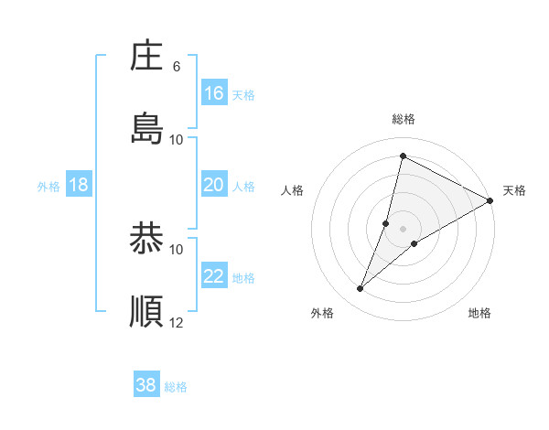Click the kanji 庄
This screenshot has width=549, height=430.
tap(146, 56)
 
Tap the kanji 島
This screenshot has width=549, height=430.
tap(146, 128)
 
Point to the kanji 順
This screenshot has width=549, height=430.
tap(146, 312)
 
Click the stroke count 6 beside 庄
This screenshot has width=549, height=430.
tap(177, 66)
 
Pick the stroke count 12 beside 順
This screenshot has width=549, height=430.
tap(177, 322)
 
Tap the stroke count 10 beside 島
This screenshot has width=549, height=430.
tap(177, 139)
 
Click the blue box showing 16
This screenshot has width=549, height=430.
tap(214, 93)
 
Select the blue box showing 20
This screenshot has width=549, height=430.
tap(214, 185)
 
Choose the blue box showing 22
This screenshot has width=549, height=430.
tap(214, 276)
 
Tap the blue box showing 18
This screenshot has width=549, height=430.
tap(79, 185)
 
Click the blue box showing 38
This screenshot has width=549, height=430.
tap(146, 385)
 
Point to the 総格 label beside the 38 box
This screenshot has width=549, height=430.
tap(176, 387)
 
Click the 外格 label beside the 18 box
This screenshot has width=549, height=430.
tap(48, 187)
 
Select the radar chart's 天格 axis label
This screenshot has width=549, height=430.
tap(514, 190)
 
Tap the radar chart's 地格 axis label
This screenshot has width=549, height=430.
tap(479, 313)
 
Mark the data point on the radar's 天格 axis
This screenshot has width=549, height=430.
tap(490, 201)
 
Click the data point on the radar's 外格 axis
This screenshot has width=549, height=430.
tap(361, 289)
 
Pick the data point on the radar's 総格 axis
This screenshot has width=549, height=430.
tap(403, 156)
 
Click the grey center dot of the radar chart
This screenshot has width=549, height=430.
tap(403, 228)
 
